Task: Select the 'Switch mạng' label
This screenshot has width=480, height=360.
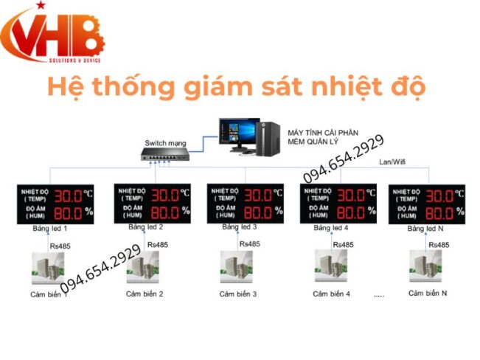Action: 166,142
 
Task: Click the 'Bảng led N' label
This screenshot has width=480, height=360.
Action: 425,229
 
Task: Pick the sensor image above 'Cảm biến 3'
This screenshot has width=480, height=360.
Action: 236,267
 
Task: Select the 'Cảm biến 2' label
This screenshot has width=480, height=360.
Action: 144,294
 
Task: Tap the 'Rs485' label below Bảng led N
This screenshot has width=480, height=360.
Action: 438,245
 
